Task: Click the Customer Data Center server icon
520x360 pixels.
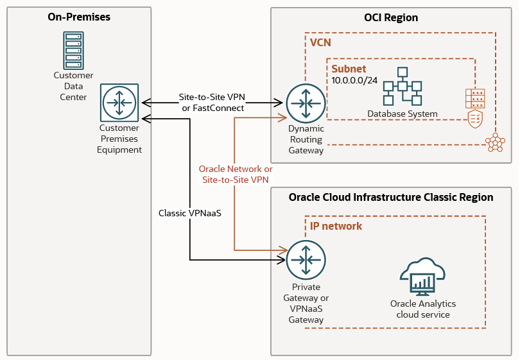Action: [73, 50]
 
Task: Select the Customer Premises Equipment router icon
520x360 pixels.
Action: [119, 103]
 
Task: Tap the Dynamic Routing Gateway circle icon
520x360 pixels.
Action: [306, 103]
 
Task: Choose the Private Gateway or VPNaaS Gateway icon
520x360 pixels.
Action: [306, 259]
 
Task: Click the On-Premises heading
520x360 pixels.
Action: [79, 17]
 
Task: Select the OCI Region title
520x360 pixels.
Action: [391, 17]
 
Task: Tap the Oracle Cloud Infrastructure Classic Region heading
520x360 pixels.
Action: [391, 197]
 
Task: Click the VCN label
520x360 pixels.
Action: [320, 42]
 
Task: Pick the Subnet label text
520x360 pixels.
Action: [349, 69]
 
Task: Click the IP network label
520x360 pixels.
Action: [336, 226]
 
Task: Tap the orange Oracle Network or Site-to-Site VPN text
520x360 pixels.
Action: [235, 174]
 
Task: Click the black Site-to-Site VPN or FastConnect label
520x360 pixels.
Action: [212, 103]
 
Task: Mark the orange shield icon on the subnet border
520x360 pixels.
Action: [475, 119]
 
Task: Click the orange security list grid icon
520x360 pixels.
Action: [475, 98]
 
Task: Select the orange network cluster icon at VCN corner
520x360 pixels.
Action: [494, 142]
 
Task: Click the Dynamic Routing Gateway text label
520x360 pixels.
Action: [306, 139]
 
